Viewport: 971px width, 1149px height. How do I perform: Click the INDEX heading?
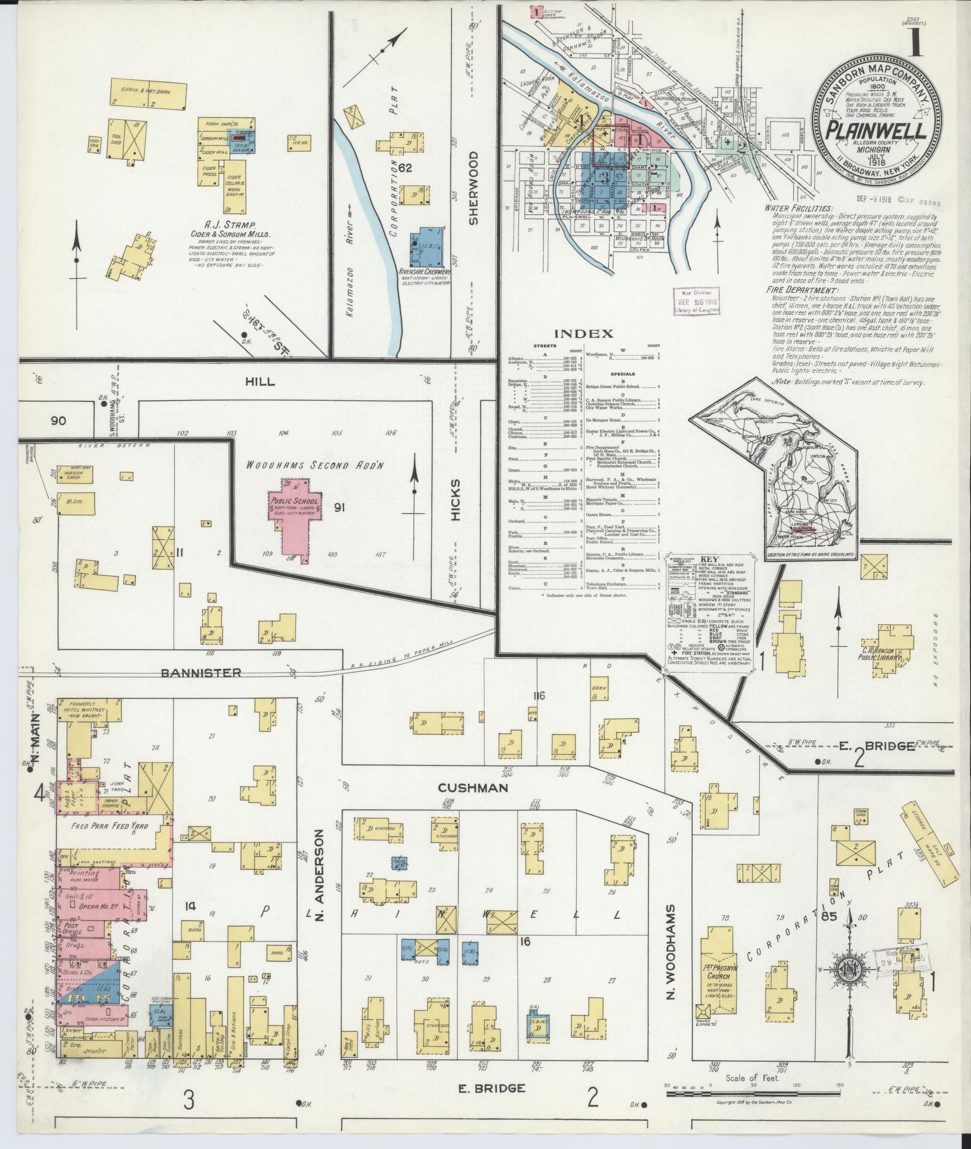pos(583,333)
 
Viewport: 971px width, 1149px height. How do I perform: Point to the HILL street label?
pos(260,382)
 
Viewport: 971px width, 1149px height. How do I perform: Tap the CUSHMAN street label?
pos(473,788)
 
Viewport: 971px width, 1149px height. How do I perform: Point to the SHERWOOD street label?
pos(474,187)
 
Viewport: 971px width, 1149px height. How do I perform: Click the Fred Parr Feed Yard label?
pos(105,826)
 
